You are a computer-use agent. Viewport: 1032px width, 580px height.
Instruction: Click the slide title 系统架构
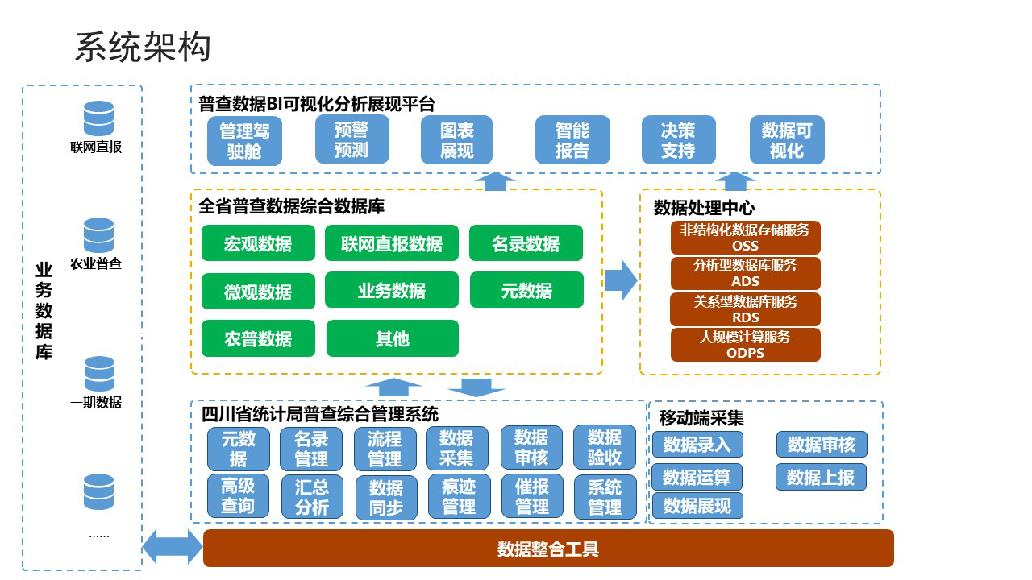pos(143,48)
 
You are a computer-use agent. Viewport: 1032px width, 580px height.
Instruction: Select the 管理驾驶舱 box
pos(244,142)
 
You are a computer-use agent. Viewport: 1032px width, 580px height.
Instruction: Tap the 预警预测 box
pos(352,139)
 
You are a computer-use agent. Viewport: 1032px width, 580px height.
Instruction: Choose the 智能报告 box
pos(572,140)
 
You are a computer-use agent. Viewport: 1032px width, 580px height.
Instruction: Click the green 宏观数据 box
pos(258,243)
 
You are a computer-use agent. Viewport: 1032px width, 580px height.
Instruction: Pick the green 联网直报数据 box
pos(392,243)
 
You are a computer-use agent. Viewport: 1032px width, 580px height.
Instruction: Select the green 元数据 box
pos(526,290)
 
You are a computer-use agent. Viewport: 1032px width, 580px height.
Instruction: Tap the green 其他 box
pos(392,338)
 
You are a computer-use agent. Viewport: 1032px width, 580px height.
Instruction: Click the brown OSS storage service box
pos(745,238)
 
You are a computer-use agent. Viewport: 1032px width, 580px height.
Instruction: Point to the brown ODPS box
pos(745,345)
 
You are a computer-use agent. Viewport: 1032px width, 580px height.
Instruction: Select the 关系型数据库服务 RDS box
pos(745,309)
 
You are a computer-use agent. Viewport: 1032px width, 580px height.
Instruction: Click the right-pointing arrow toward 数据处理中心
pos(621,280)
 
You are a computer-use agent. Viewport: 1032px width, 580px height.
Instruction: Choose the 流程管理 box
pos(385,449)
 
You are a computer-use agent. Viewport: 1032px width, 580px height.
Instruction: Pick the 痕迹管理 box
pos(459,496)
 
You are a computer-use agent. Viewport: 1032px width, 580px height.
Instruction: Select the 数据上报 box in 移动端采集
pos(821,477)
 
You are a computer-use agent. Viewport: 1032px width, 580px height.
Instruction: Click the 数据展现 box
pos(697,506)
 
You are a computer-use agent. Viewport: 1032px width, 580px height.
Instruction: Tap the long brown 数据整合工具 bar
pos(548,549)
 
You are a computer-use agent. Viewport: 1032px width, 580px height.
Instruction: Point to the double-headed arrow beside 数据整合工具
pos(173,547)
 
